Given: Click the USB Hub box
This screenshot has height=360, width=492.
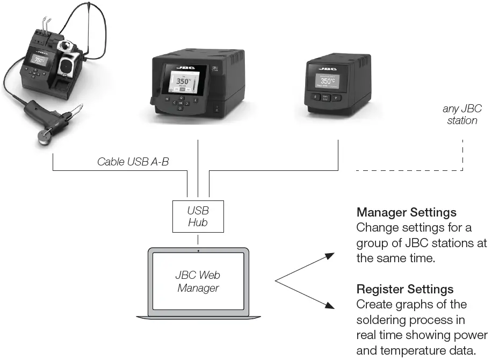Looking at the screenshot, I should click(198, 215).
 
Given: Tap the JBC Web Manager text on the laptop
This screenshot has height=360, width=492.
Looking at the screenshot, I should click(198, 282).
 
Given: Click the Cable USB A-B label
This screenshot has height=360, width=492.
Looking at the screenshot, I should click(133, 161).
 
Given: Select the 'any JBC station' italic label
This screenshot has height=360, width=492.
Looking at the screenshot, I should click(462, 114).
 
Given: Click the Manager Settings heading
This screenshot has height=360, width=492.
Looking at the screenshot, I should click(406, 212).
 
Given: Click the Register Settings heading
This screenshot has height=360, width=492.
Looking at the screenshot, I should click(404, 290).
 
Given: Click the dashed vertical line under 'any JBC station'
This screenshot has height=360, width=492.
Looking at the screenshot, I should click(462, 153).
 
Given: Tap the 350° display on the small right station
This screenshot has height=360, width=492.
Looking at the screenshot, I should click(329, 82).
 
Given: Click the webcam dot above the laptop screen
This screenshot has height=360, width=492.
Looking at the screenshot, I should click(198, 251).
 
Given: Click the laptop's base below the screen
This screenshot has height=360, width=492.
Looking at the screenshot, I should click(198, 318).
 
